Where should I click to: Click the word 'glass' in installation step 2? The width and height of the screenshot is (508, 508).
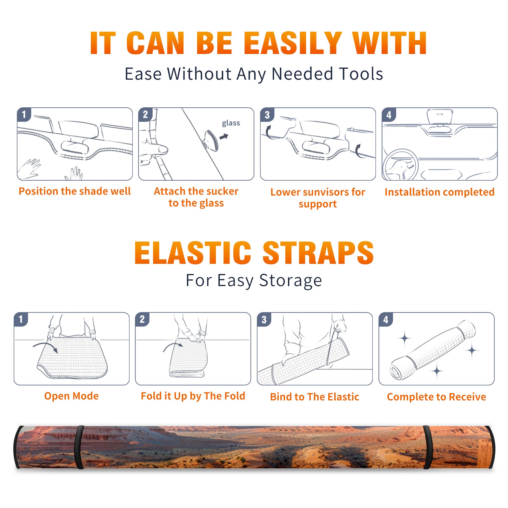(231, 123)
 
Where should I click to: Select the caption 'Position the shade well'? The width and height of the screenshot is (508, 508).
(75, 191)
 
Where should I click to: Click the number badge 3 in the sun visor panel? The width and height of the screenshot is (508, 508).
(267, 115)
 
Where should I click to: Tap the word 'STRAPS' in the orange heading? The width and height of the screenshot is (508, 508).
(318, 253)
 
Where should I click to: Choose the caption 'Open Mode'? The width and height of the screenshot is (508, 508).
(71, 396)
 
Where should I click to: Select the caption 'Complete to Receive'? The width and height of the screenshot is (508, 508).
(437, 397)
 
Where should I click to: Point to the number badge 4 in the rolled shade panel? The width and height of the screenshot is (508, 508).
(385, 319)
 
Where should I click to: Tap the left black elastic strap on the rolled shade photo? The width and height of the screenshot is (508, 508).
(79, 448)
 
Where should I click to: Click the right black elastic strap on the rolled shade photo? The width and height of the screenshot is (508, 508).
(428, 448)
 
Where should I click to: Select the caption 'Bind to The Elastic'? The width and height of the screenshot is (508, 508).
(315, 397)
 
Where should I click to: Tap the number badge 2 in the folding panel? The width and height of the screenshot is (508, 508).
(142, 319)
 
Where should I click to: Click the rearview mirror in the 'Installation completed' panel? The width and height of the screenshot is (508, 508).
(440, 117)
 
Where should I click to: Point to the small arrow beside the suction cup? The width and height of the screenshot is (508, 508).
(224, 137)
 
